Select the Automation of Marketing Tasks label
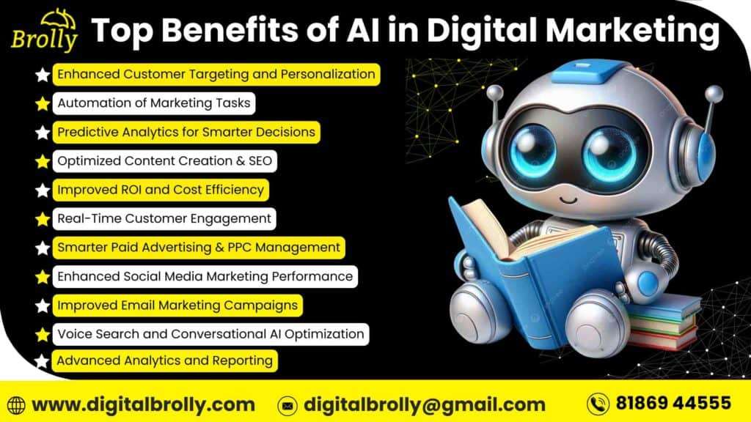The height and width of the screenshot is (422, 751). tap(153, 103)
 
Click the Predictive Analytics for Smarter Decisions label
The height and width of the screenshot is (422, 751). tap(186, 132)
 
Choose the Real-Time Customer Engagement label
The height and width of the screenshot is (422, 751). tap(164, 218)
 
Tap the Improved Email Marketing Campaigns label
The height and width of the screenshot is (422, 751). tap(177, 305)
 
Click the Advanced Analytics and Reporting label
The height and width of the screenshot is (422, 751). tap(165, 360)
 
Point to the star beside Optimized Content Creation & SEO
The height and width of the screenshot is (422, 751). tap(43, 161)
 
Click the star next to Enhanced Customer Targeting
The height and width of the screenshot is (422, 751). tap(43, 75)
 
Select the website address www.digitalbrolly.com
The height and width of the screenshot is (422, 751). tap(144, 404)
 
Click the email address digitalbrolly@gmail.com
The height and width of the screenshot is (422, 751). tap(425, 404)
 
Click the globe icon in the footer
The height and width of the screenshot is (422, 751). tap(16, 404)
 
